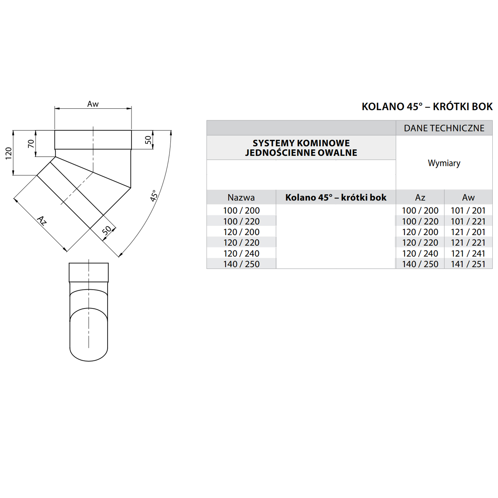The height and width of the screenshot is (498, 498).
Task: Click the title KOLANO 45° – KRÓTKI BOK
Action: coord(427,107)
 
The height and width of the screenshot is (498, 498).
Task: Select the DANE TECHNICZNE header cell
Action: coord(444,128)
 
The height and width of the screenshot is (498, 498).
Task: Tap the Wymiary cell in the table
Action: coord(444,163)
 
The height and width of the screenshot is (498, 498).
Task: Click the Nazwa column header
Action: coord(241,197)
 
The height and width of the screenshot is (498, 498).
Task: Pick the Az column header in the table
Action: coord(420,197)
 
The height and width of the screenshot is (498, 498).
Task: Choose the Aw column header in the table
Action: coord(468,197)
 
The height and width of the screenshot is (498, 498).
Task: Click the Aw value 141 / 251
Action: coord(468,264)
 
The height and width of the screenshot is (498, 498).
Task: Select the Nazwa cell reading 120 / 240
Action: coord(241,253)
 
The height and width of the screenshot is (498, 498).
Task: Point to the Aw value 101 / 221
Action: coord(468,221)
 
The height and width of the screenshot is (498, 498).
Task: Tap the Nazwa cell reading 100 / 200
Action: coord(241,210)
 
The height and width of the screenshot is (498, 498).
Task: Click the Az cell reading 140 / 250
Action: coord(420,264)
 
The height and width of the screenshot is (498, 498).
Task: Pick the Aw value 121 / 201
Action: coord(468,232)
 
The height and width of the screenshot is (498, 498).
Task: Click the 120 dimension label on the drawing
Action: coord(9,153)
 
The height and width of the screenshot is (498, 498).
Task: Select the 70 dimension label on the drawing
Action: coord(31,144)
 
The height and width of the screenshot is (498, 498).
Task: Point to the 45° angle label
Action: coord(154,196)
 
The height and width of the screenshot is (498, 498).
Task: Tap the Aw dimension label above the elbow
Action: coord(93,104)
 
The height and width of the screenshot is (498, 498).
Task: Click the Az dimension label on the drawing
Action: coord(42,221)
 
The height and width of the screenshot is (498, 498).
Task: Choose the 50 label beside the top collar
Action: coord(148,140)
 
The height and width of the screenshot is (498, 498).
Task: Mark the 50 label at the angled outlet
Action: coord(107,230)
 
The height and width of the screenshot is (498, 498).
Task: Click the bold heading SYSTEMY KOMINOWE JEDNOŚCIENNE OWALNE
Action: coord(301,148)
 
